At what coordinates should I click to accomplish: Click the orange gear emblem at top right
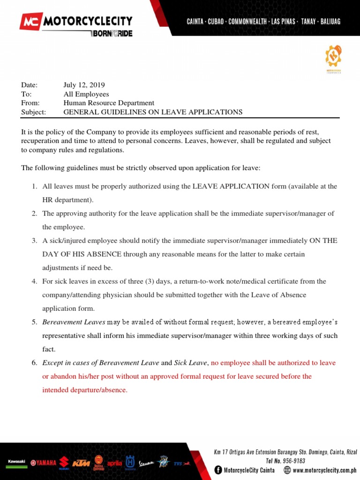click(x=333, y=56)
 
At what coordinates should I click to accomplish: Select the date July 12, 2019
click(x=84, y=85)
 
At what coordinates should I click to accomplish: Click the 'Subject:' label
click(x=33, y=112)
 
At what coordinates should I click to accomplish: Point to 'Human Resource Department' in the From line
click(x=109, y=103)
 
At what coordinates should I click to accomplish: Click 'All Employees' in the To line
click(x=86, y=94)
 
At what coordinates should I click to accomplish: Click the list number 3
click(x=34, y=240)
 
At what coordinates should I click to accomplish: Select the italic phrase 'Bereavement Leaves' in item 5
click(x=74, y=322)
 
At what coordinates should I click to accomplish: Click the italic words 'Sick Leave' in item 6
click(x=190, y=363)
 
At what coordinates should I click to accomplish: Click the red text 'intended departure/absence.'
click(x=85, y=390)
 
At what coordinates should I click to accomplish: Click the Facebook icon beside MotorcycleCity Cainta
click(x=218, y=470)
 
